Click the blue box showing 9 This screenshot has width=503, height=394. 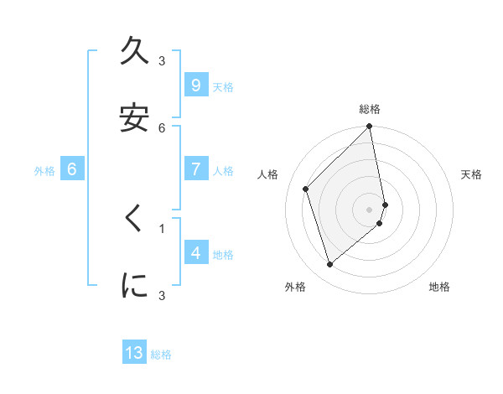pyautogui.click(x=195, y=86)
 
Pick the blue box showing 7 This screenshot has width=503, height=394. pyautogui.click(x=195, y=169)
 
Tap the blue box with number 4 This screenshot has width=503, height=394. pyautogui.click(x=195, y=252)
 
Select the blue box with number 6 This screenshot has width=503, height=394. pyautogui.click(x=72, y=169)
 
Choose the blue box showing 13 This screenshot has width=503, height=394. pyautogui.click(x=134, y=353)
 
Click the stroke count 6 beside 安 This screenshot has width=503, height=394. pyautogui.click(x=163, y=127)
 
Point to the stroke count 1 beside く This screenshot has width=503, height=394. pyautogui.click(x=163, y=227)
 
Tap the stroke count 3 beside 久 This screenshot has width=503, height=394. pyautogui.click(x=163, y=61)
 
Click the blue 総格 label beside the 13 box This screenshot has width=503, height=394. pyautogui.click(x=161, y=355)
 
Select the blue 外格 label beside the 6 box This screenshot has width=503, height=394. pyautogui.click(x=44, y=171)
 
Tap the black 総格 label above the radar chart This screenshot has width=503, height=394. pyautogui.click(x=370, y=109)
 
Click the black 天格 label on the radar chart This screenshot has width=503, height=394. pyautogui.click(x=472, y=174)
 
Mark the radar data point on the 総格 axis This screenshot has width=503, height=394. pyautogui.click(x=370, y=127)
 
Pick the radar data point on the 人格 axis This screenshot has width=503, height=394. pyautogui.click(x=306, y=189)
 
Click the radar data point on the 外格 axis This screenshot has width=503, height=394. pyautogui.click(x=329, y=265)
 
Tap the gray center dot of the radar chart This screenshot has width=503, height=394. pyautogui.click(x=370, y=209)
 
